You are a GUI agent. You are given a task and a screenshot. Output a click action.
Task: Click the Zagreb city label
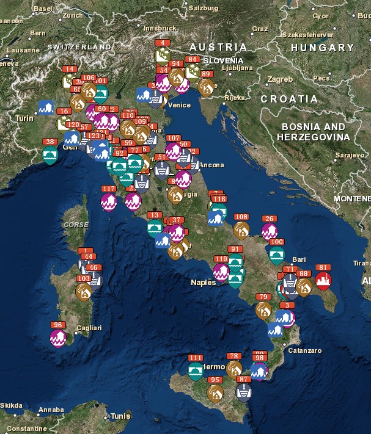281,79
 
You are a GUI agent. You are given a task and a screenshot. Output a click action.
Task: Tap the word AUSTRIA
218,47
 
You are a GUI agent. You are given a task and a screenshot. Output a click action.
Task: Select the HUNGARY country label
322,48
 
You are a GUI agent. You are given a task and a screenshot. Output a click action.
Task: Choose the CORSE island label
76,225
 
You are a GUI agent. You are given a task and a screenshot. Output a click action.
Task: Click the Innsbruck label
160,28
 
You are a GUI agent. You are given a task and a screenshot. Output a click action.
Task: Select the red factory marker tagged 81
323,281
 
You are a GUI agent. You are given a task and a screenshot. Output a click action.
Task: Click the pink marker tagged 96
58,338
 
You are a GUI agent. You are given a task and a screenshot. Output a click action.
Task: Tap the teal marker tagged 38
50,154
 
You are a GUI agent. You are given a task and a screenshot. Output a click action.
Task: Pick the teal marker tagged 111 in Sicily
196,371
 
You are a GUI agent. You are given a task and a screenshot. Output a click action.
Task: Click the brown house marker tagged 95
215,392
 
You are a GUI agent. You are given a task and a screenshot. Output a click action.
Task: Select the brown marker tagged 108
241,230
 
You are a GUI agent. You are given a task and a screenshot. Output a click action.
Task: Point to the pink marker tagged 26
269,231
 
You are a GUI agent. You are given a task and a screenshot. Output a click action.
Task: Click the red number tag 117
108,189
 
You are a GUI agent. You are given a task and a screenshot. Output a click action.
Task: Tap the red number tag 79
263,297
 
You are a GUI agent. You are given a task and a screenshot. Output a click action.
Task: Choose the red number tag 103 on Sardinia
84,278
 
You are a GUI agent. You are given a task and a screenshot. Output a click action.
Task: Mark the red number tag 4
163,43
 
